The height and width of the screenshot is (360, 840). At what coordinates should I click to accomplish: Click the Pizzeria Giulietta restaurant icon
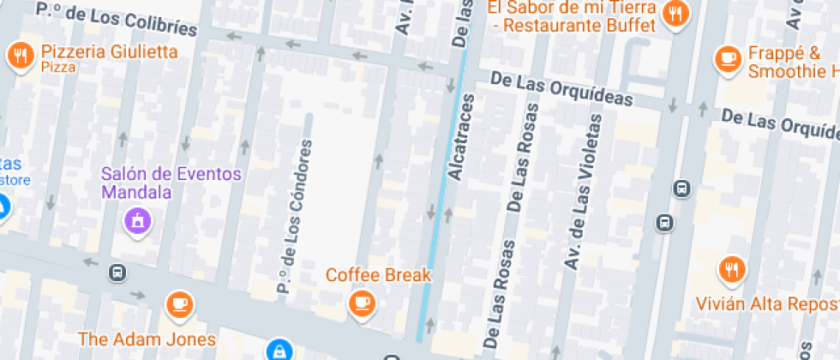19,57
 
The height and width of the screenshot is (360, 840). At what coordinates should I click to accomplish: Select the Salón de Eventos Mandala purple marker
137,221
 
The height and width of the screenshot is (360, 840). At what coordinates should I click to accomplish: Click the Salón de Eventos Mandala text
171,183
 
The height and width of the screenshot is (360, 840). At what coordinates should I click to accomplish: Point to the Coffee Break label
378,275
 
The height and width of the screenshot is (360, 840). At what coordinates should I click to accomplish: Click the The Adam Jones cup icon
179,304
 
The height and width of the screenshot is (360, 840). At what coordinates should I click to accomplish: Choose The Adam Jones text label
147,338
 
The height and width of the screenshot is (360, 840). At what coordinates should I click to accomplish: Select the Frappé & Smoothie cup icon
729,58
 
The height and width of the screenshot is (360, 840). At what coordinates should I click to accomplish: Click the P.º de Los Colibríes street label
117,18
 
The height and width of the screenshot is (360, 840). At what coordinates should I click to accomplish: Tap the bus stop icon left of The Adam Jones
117,273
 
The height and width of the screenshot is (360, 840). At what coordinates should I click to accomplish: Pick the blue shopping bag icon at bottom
278,351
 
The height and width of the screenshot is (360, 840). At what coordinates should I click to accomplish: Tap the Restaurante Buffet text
579,25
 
